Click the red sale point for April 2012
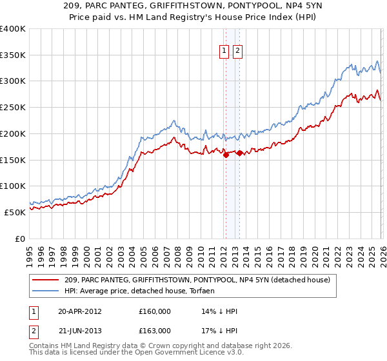226,154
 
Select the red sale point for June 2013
239,153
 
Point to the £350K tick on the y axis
13,55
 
